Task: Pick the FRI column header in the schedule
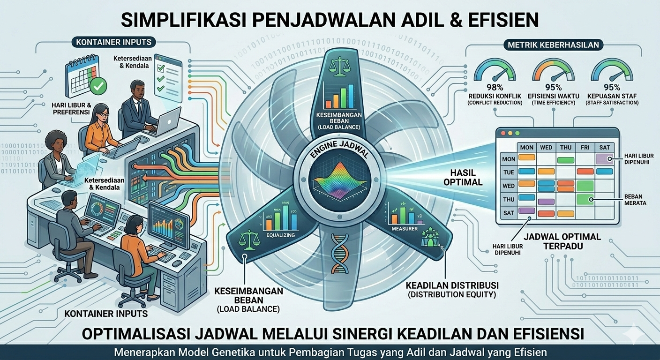point(585,147)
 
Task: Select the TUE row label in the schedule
point(509,172)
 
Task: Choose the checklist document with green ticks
point(167,77)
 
